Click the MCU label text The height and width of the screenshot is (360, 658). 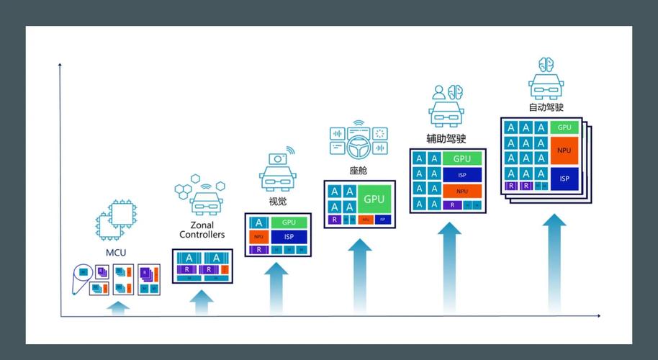(x=116, y=252)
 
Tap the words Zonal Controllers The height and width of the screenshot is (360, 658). (x=202, y=230)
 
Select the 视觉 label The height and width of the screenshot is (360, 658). (x=277, y=202)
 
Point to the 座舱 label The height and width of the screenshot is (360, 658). (x=358, y=171)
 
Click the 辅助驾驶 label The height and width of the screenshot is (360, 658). (x=446, y=138)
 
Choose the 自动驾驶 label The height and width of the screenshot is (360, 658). (x=546, y=107)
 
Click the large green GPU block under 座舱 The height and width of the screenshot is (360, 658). (x=374, y=199)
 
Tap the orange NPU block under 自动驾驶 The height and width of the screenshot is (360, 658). (x=564, y=150)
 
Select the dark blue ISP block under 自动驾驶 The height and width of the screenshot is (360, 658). (x=564, y=179)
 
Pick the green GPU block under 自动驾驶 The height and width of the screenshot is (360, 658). (x=564, y=127)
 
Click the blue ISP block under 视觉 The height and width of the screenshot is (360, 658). (x=289, y=237)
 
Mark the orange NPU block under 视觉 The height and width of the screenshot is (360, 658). (x=258, y=237)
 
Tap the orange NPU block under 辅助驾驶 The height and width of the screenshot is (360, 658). (x=462, y=191)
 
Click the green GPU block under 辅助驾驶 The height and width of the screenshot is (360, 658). (x=462, y=158)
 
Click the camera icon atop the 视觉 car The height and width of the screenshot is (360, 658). (x=277, y=158)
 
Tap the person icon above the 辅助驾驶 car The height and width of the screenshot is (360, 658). (x=438, y=93)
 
